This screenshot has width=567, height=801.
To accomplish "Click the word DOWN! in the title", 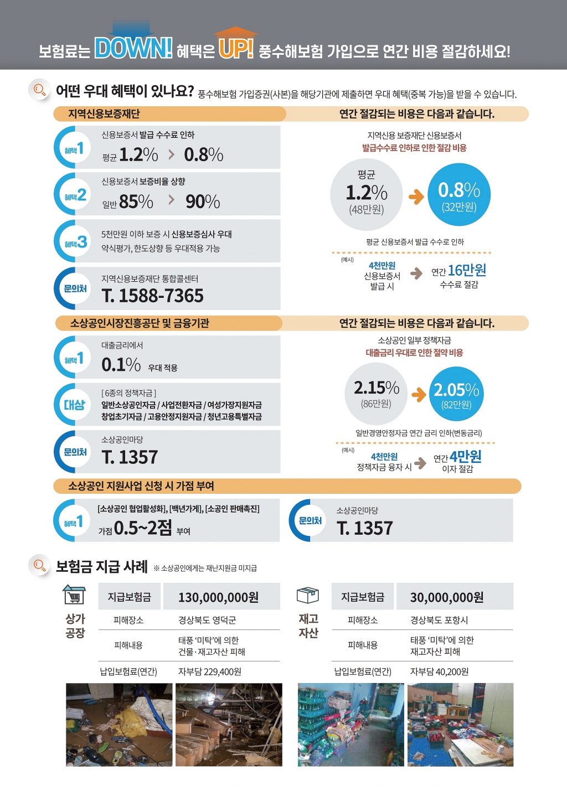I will tap(133, 48).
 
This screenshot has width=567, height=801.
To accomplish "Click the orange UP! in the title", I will tap(235, 49).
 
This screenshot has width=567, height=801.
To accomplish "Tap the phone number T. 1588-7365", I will tap(153, 296).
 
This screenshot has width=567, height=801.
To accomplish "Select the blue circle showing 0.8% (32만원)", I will tap(459, 195).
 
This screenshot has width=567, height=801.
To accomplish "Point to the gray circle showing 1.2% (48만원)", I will tap(366, 195).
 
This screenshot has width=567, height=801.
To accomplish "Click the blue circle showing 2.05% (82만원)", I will tap(456, 394).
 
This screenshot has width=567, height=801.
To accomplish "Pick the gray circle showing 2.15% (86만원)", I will tap(377, 393).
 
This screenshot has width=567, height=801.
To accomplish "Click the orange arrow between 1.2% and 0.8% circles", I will tap(416, 196).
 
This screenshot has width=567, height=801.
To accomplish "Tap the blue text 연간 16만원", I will tap(459, 271).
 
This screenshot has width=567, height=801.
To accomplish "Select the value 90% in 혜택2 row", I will tap(203, 201).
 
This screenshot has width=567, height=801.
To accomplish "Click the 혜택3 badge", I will tap(74, 242).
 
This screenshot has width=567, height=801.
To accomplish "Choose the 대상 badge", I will tap(74, 405).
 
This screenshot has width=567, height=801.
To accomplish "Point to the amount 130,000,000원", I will tap(218, 597).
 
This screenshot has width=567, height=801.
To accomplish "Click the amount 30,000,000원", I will tap(447, 597).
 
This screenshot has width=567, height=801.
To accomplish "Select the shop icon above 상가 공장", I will tap(74, 595).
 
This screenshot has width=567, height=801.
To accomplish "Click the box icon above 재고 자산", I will tap(308, 595).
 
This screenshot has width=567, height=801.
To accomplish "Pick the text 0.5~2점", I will tap(143, 528).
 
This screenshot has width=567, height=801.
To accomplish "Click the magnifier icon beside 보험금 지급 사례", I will tap(39, 565).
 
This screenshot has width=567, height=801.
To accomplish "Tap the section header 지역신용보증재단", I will tap(104, 114).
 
